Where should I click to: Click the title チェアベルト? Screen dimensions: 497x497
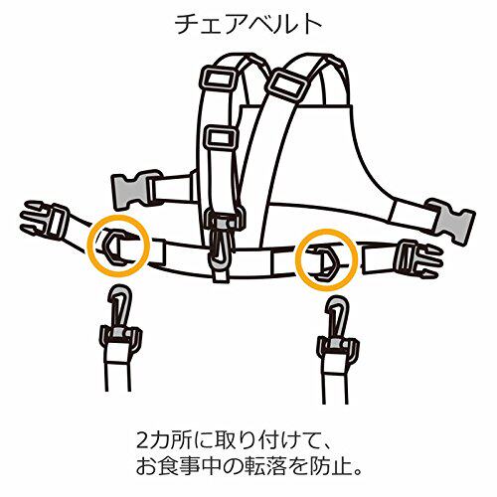click(x=248, y=24)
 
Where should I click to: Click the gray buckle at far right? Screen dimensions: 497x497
click(x=451, y=221)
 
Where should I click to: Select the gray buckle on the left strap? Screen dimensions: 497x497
click(x=132, y=190)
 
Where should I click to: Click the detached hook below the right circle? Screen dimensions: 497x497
click(x=337, y=328)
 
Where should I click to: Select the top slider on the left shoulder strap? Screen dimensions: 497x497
click(x=217, y=81)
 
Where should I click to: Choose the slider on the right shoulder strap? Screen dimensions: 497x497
click(x=287, y=84)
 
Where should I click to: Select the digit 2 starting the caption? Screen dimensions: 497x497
click(x=142, y=440)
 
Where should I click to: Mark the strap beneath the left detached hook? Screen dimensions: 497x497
click(x=118, y=371)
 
